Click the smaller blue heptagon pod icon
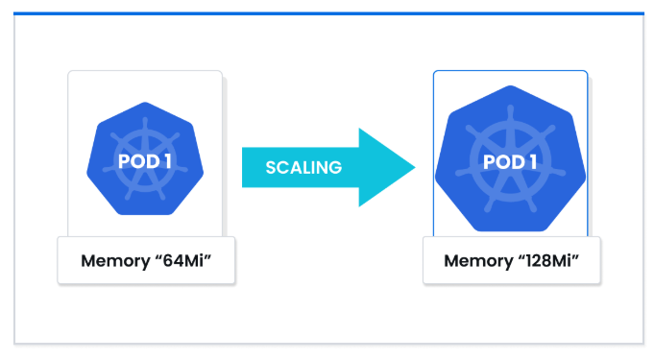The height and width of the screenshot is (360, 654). [x=145, y=159]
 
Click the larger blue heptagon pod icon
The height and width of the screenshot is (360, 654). [x=510, y=159]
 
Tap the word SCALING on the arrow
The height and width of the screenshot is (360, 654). [x=303, y=168]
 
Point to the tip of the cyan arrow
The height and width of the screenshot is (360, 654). [x=416, y=167]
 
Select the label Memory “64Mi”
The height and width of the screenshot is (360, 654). [x=146, y=261]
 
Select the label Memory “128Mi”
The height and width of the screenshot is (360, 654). [x=511, y=261]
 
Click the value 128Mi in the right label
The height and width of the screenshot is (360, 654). [x=548, y=261]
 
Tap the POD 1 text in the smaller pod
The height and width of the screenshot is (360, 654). [x=145, y=161]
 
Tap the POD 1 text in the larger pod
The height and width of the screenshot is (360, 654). [x=510, y=162]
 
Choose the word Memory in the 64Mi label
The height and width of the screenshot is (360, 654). [x=116, y=261]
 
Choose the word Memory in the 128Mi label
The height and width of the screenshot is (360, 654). [x=479, y=261]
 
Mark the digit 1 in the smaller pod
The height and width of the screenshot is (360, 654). [x=168, y=161]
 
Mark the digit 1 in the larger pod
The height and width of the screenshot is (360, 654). [x=533, y=162]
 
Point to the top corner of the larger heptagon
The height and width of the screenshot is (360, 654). [x=510, y=85]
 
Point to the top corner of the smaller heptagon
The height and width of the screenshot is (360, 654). [x=145, y=102]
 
